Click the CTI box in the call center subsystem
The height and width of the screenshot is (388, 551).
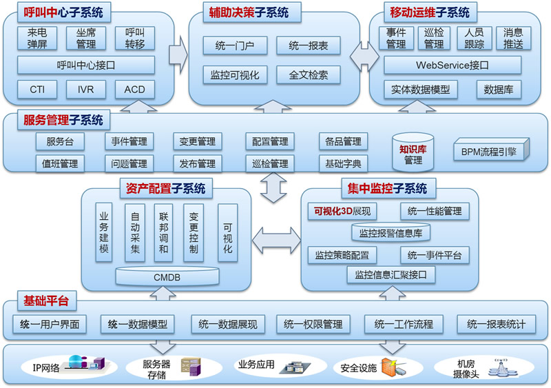click(38, 90)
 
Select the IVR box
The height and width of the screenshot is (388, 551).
click(86, 90)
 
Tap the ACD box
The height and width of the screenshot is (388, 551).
click(135, 90)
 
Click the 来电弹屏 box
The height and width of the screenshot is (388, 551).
click(38, 37)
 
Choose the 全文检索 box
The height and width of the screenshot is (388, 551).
click(309, 74)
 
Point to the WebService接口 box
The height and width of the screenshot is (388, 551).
click(452, 65)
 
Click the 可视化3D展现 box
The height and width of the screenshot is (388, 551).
click(342, 210)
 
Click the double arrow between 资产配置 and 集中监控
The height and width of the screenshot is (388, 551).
click(276, 239)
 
